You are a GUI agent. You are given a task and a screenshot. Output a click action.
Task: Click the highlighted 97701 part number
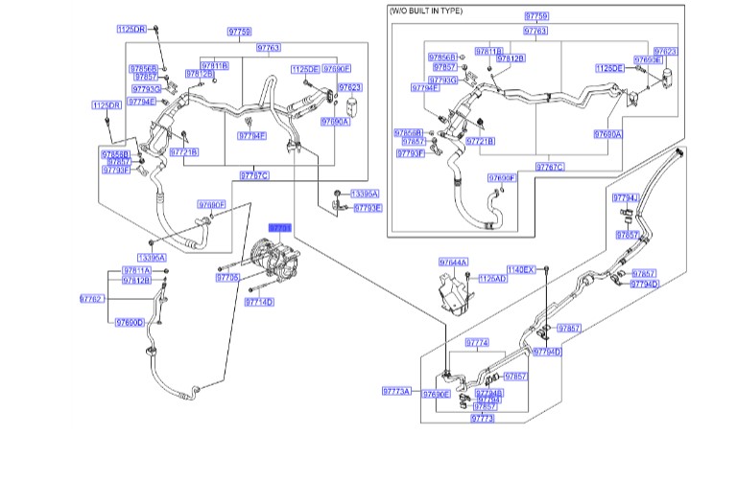(279, 228)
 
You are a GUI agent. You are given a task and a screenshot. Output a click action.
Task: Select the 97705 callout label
(227, 277)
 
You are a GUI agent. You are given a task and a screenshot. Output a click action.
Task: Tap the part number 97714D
(258, 302)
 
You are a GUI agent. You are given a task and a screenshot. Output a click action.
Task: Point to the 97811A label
(136, 271)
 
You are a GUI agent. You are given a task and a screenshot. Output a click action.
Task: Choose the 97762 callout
(91, 299)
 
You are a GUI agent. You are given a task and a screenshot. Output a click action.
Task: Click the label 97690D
(129, 322)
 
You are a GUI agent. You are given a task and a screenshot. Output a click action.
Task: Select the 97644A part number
(453, 262)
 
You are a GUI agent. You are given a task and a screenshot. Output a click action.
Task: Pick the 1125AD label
(492, 278)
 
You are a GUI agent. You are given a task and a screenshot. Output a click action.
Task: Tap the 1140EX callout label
(522, 270)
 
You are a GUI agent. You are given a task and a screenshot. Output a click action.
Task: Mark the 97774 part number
(477, 342)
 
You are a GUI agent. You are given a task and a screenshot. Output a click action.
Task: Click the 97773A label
(395, 392)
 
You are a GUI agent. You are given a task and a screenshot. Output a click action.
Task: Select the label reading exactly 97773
(482, 418)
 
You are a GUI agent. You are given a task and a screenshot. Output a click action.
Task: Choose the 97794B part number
(489, 393)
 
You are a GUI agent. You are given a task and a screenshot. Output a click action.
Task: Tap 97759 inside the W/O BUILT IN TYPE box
(536, 17)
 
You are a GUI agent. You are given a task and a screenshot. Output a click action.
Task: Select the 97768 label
(489, 400)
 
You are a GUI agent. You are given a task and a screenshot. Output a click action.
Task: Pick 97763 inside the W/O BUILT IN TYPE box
(535, 31)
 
